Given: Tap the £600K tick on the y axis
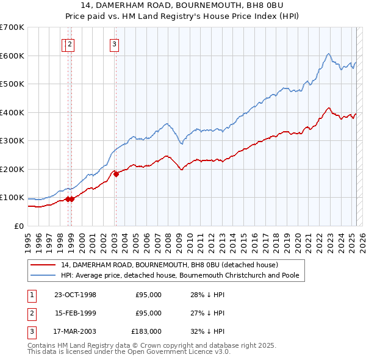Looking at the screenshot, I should (x=12, y=56).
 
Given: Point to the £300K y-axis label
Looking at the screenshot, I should (x=12, y=140).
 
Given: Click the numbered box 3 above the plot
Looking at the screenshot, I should (x=115, y=43).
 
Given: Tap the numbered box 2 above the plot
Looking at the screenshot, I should (x=70, y=43).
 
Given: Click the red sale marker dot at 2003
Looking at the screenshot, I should (x=116, y=174).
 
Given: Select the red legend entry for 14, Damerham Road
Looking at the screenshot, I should (x=170, y=265).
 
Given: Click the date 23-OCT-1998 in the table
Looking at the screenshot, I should (x=75, y=295).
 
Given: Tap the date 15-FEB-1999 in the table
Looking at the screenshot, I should (x=75, y=313).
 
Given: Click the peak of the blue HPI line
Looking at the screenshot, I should (x=328, y=54).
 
